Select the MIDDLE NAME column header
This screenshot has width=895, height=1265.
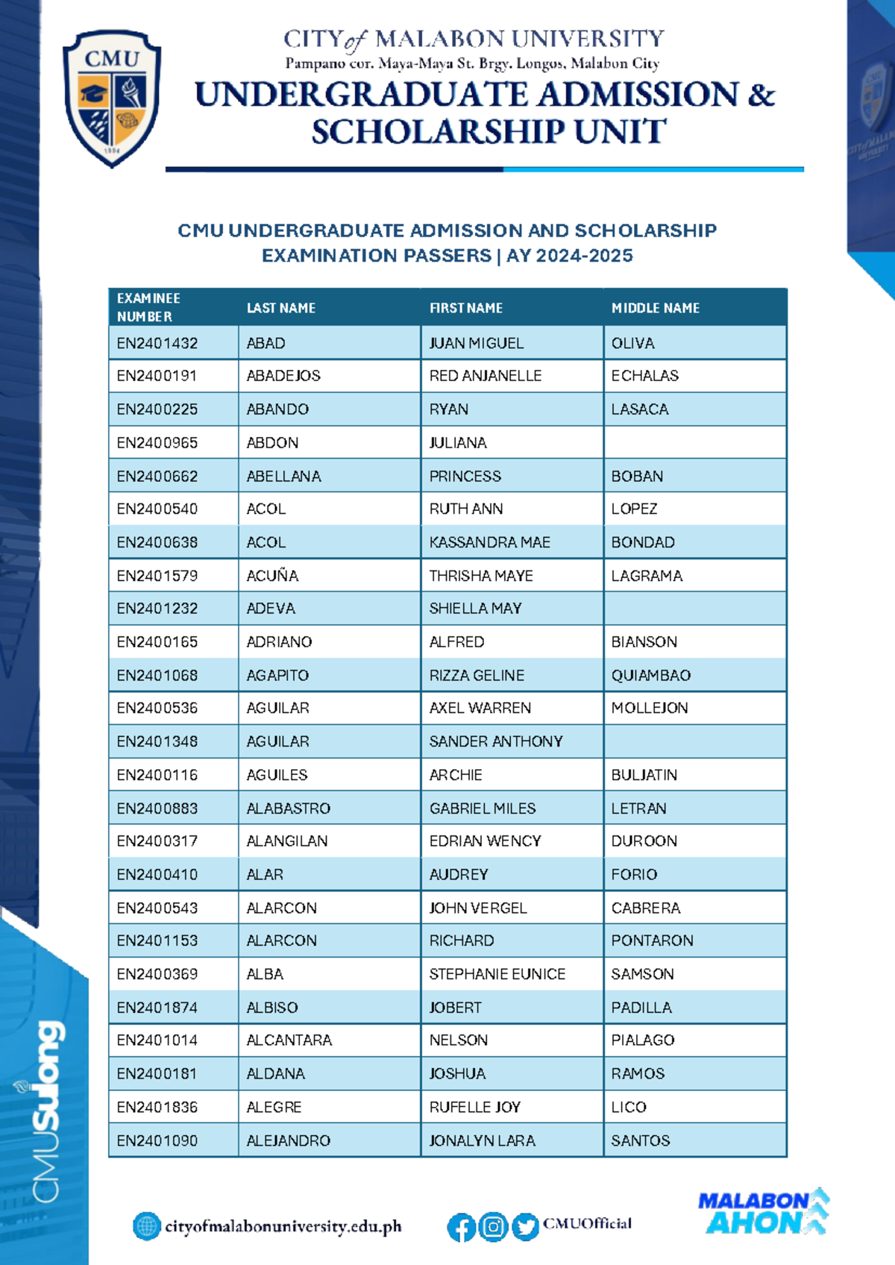(x=655, y=308)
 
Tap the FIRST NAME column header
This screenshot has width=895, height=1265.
(x=465, y=308)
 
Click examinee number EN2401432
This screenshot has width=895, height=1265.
(x=157, y=343)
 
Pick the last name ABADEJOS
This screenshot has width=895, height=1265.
(x=283, y=376)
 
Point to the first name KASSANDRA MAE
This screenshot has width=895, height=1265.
(x=489, y=542)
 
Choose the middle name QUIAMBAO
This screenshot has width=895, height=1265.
(x=650, y=675)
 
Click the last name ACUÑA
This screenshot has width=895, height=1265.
(x=272, y=576)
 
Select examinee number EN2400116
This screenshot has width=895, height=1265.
(x=157, y=775)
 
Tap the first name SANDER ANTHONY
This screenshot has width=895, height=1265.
(x=495, y=741)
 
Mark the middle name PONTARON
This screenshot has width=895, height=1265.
(x=652, y=941)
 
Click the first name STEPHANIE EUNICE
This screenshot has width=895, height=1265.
(x=497, y=974)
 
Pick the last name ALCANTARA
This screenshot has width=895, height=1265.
(x=289, y=1040)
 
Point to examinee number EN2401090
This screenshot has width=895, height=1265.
(x=157, y=1140)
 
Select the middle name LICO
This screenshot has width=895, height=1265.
(x=629, y=1107)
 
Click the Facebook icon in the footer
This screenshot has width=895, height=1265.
(x=461, y=1227)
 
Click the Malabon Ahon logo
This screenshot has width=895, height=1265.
(x=762, y=1212)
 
